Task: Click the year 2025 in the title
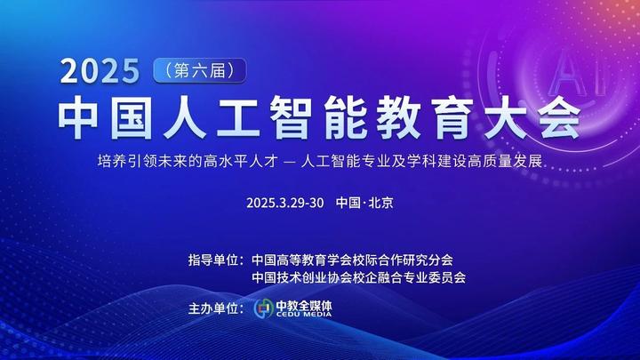tap(100, 70)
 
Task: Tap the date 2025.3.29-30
tap(286, 202)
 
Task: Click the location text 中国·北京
tap(364, 202)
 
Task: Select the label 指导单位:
tap(215, 260)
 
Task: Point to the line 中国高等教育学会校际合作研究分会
tap(352, 260)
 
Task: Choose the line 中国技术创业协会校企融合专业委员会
tap(359, 277)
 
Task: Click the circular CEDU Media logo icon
tap(263, 308)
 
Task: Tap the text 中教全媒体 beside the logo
tap(304, 304)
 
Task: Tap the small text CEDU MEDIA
tap(304, 315)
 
